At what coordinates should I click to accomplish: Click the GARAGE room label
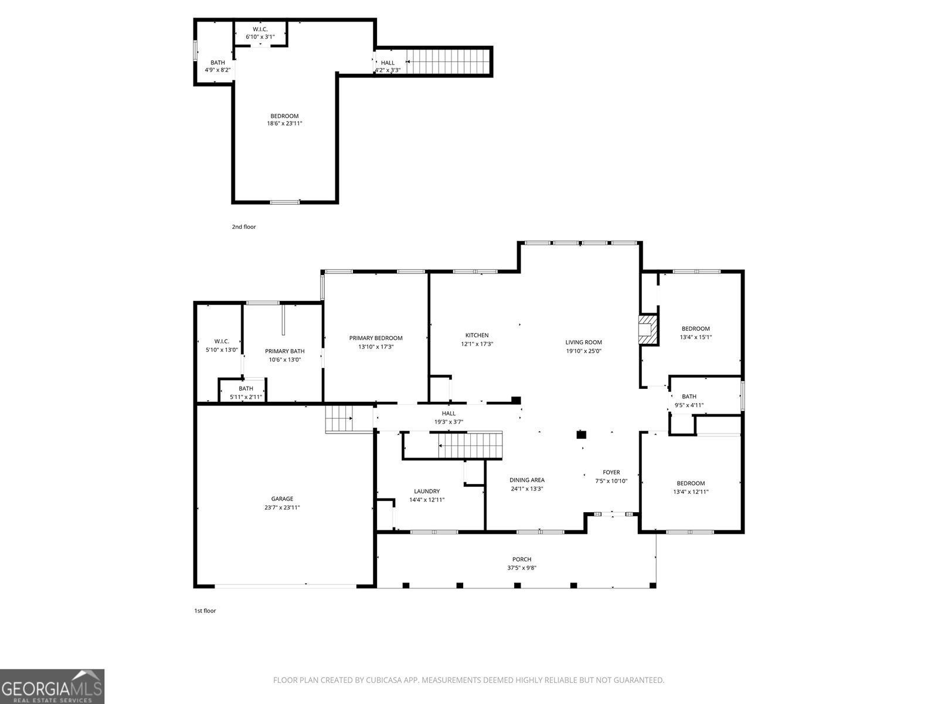pyautogui.click(x=282, y=499)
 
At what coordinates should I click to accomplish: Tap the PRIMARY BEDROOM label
pyautogui.click(x=376, y=338)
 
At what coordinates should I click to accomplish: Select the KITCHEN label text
pyautogui.click(x=477, y=335)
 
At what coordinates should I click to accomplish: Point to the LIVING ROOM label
pyautogui.click(x=583, y=342)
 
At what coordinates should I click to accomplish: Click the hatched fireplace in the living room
pyautogui.click(x=648, y=330)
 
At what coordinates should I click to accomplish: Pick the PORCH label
pyautogui.click(x=522, y=559)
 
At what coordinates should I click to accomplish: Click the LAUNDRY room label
pyautogui.click(x=426, y=491)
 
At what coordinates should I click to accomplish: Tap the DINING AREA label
pyautogui.click(x=527, y=480)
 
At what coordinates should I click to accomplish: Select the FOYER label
pyautogui.click(x=611, y=472)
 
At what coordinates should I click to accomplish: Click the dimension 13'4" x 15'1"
pyautogui.click(x=696, y=337)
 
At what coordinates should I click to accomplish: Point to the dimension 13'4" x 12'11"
pyautogui.click(x=691, y=492)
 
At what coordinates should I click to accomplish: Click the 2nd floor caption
pyautogui.click(x=243, y=226)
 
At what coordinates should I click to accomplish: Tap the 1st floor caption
pyautogui.click(x=205, y=610)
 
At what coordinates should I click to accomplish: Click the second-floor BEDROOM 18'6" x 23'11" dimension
pyautogui.click(x=284, y=124)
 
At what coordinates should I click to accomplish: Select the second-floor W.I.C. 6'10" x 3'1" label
pyautogui.click(x=260, y=33)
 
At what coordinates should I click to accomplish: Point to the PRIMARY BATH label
pyautogui.click(x=284, y=351)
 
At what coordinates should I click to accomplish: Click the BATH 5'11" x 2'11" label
pyautogui.click(x=246, y=392)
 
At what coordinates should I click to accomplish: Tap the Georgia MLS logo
pyautogui.click(x=52, y=686)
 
